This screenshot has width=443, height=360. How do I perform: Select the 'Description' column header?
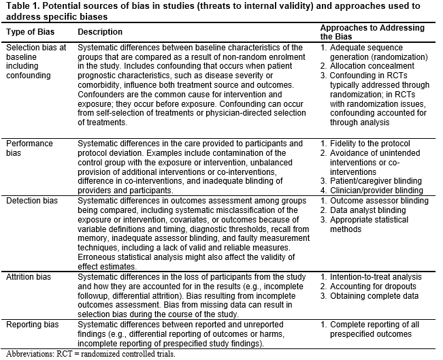100,33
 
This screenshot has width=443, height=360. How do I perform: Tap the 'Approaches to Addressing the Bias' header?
372,32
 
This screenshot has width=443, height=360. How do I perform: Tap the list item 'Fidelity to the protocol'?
371,144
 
